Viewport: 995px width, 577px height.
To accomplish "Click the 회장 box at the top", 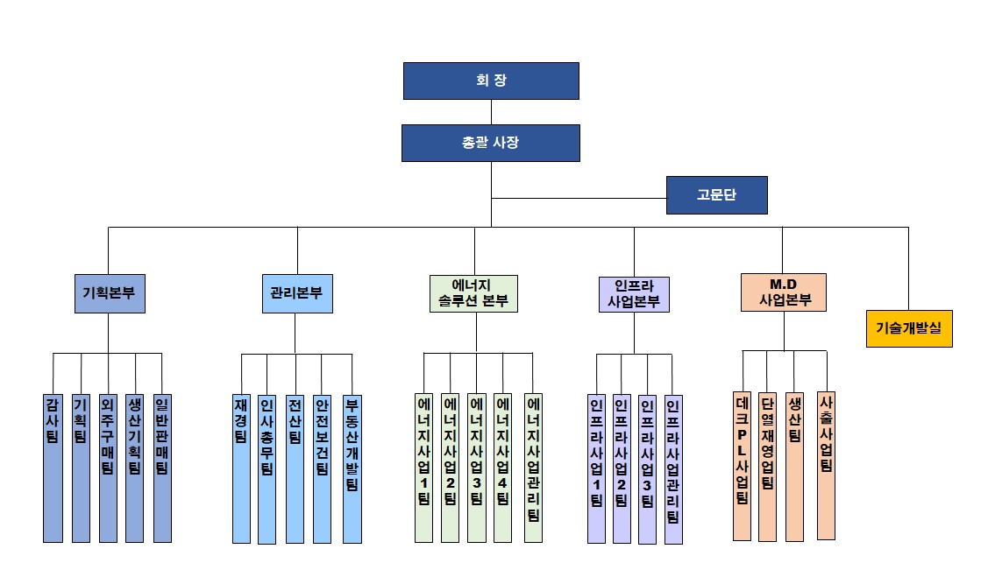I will coord(491,81).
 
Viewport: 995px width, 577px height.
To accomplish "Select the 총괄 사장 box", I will coord(491,143).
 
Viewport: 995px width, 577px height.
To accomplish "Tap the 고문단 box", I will coord(716,195).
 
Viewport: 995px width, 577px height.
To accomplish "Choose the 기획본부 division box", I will coord(109,294).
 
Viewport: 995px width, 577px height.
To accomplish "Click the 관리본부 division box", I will coord(296,294).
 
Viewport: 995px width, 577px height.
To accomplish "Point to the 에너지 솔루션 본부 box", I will coord(474,294).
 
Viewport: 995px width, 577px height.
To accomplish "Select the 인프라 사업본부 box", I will coord(634,294).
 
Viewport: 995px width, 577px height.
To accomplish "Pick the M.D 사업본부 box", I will coord(783,292).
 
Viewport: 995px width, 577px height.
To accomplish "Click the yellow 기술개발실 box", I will coord(909,328).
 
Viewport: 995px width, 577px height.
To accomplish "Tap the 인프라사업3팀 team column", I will coord(647,468).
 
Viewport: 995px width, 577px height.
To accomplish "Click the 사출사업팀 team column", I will coord(826,464).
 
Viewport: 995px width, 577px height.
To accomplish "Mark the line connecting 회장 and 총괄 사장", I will coord(491,112).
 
